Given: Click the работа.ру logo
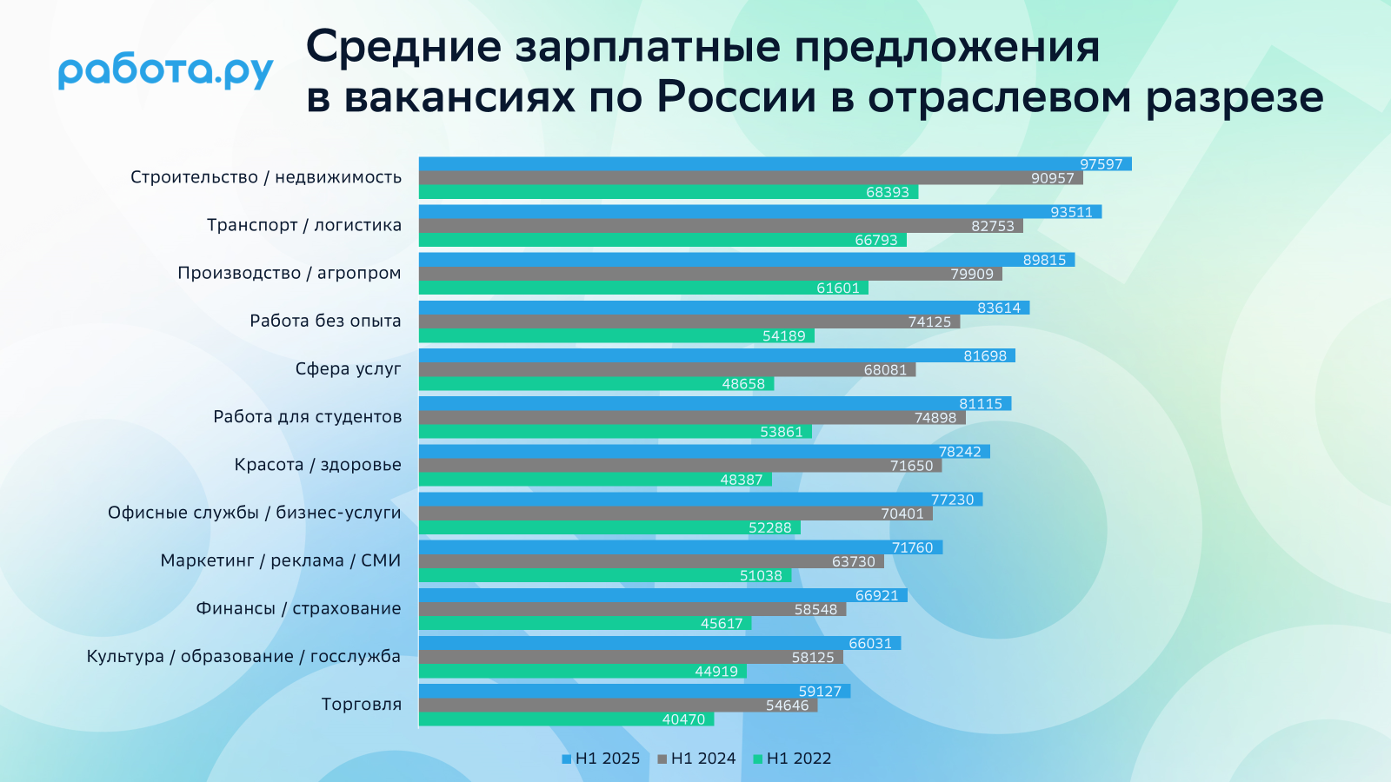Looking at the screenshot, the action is pyautogui.click(x=166, y=73).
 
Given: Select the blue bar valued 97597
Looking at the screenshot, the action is pyautogui.click(x=775, y=164).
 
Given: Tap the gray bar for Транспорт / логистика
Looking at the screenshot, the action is pyautogui.click(x=721, y=226).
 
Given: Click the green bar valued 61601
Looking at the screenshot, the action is pyautogui.click(x=643, y=288).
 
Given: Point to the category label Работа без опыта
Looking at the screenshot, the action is pyautogui.click(x=325, y=321).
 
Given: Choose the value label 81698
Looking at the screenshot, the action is pyautogui.click(x=985, y=355).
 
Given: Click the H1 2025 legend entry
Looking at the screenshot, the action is pyautogui.click(x=601, y=759).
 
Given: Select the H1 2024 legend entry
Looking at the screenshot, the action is pyautogui.click(x=696, y=759).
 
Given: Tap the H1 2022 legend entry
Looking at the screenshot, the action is pyautogui.click(x=792, y=759).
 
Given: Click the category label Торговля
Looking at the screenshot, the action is pyautogui.click(x=362, y=705).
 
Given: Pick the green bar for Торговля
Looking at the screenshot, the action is pyautogui.click(x=566, y=719).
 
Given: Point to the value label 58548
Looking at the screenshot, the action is pyautogui.click(x=816, y=609).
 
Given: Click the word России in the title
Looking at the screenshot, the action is pyautogui.click(x=736, y=98).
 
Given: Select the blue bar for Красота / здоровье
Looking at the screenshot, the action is pyautogui.click(x=704, y=451).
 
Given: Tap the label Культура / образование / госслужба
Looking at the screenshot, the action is pyautogui.click(x=243, y=657).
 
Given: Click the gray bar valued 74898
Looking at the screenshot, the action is pyautogui.click(x=692, y=418).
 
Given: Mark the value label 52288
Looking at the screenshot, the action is pyautogui.click(x=770, y=527).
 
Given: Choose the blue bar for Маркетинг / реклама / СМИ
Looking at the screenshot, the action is pyautogui.click(x=681, y=547).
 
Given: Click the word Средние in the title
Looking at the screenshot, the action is pyautogui.click(x=403, y=47).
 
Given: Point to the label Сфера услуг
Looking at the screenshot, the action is pyautogui.click(x=349, y=368).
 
